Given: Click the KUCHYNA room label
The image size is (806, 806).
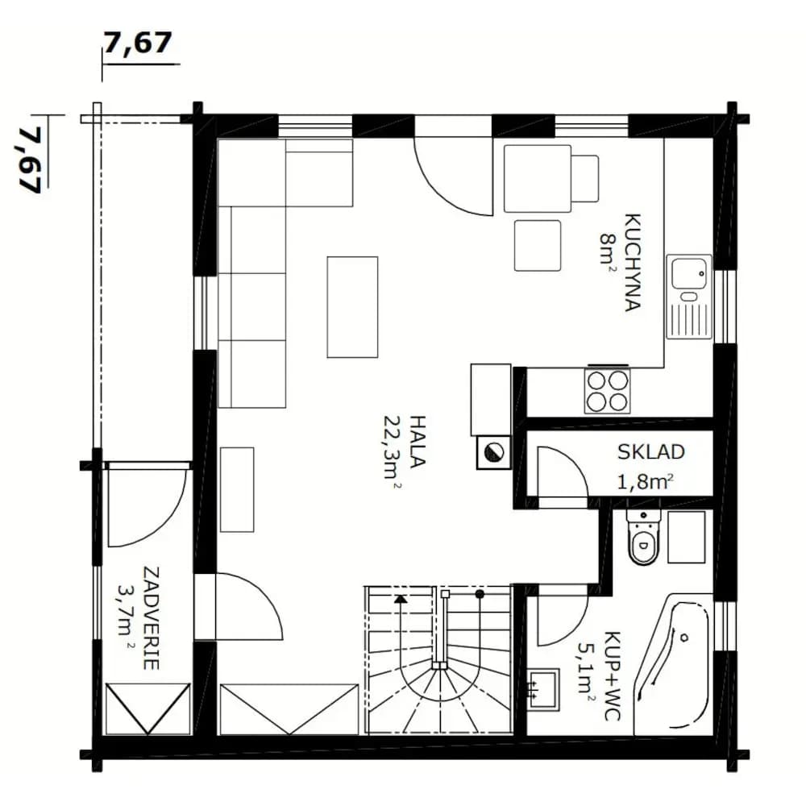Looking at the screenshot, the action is click(x=633, y=262).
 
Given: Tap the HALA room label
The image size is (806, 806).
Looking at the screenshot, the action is click(x=418, y=442).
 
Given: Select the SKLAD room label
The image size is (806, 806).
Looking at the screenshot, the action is click(x=650, y=452).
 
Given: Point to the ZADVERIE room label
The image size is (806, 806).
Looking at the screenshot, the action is click(x=150, y=618).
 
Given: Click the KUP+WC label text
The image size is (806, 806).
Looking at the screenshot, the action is click(x=612, y=675).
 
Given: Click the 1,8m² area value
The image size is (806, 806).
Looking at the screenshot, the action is click(x=645, y=482).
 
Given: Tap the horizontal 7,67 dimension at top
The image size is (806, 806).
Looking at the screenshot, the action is click(x=138, y=43).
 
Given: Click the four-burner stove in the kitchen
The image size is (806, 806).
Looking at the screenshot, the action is click(x=607, y=391).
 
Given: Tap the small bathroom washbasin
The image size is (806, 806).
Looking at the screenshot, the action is click(x=544, y=689).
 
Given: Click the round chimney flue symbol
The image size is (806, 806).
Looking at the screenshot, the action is click(x=494, y=452).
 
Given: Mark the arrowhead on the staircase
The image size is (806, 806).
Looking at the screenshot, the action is click(x=401, y=598).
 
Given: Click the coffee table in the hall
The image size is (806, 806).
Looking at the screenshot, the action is click(x=353, y=307).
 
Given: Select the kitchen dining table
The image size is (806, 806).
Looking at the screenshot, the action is click(x=538, y=178).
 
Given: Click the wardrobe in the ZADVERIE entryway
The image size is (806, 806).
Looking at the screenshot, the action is click(x=148, y=708).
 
